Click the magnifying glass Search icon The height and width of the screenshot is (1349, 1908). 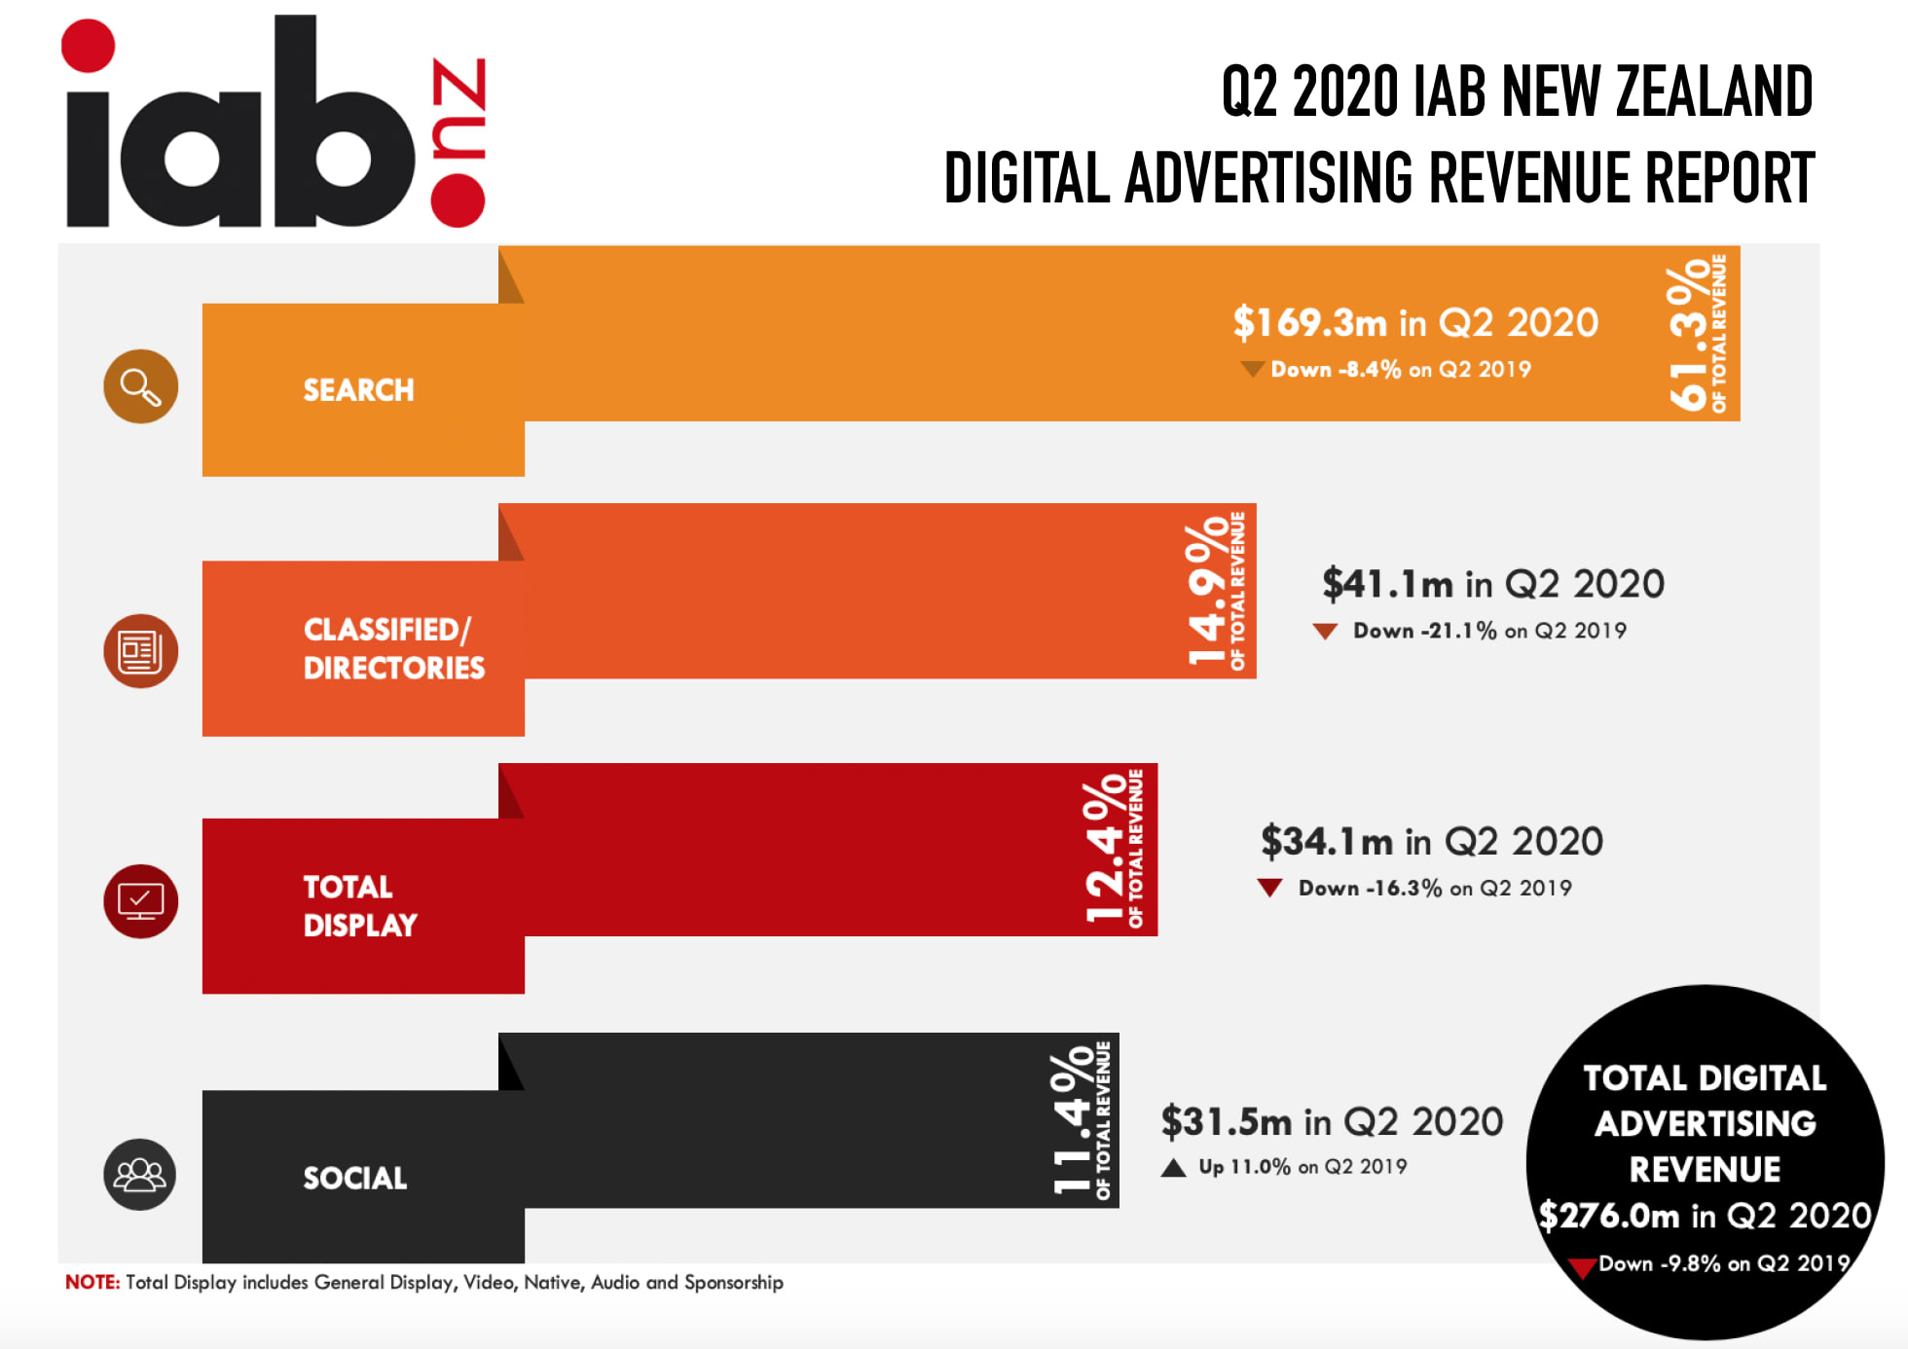click(141, 386)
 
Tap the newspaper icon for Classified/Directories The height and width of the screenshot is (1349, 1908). click(141, 651)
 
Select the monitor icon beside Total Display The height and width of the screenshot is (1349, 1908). click(141, 901)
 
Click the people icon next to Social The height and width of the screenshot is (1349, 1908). click(140, 1175)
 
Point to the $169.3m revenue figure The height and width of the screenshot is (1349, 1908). click(1309, 322)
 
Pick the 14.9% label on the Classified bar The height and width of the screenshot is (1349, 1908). click(1207, 591)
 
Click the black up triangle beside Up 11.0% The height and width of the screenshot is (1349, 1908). click(1174, 1168)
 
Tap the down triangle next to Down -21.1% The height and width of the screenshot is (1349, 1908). click(1325, 632)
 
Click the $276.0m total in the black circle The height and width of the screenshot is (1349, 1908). click(1608, 1216)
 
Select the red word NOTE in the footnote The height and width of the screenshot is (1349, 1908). click(92, 1282)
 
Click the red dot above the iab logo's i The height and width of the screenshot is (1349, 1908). click(88, 46)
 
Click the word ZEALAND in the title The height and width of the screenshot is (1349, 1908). click(1714, 91)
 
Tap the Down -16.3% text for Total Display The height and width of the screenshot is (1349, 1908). click(1370, 888)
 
